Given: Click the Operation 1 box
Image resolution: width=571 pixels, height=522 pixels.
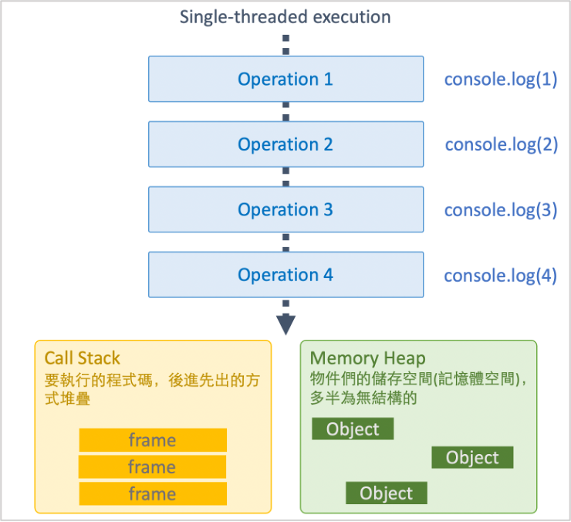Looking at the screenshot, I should [285, 79].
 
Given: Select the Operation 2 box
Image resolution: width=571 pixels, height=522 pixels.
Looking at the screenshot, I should [285, 144].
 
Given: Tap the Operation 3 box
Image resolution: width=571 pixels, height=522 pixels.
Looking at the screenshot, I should [285, 209].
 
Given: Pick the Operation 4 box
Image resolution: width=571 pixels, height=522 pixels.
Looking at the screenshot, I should [285, 275].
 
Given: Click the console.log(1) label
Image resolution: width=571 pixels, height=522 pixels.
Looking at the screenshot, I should [500, 80].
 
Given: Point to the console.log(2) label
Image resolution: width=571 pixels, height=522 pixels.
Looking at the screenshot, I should [501, 144].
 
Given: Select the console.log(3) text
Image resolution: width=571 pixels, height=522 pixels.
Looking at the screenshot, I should [500, 210].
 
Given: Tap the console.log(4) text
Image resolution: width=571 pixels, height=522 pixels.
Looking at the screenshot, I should [500, 275].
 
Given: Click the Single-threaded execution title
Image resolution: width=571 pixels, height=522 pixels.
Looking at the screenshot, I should [285, 17].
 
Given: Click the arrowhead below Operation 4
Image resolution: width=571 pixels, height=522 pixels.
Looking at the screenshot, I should [286, 324].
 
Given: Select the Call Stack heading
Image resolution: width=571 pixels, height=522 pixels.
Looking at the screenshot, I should [83, 358].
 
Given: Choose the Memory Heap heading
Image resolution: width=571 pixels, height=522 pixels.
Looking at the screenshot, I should [367, 358].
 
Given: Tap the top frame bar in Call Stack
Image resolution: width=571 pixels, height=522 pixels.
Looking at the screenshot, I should [153, 440].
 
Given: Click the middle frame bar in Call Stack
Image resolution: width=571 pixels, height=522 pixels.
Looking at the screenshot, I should [153, 467].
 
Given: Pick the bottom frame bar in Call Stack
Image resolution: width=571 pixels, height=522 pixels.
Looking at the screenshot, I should [153, 493].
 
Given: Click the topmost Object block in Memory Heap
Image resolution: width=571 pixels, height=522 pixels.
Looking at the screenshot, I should [353, 429].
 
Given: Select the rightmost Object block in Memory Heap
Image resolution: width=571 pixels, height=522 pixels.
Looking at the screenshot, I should [472, 457].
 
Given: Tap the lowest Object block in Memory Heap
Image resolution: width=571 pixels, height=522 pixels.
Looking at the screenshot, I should [386, 493].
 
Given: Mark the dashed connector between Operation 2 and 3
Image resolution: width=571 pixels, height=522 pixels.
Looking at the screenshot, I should [286, 177].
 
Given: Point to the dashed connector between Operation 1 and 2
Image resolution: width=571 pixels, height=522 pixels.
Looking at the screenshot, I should [286, 112].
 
